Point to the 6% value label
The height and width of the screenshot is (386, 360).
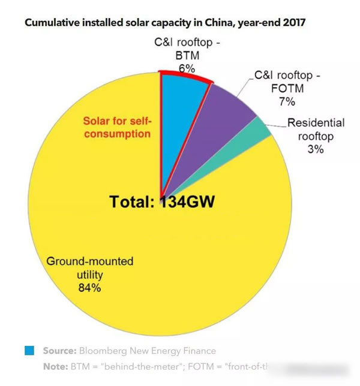pos(187,68)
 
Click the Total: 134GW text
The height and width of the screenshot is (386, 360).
pos(162,201)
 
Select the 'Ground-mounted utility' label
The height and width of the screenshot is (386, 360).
pos(89,269)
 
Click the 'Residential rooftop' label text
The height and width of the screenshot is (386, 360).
pos(316,129)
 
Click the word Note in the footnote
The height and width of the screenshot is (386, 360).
pos(55,366)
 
